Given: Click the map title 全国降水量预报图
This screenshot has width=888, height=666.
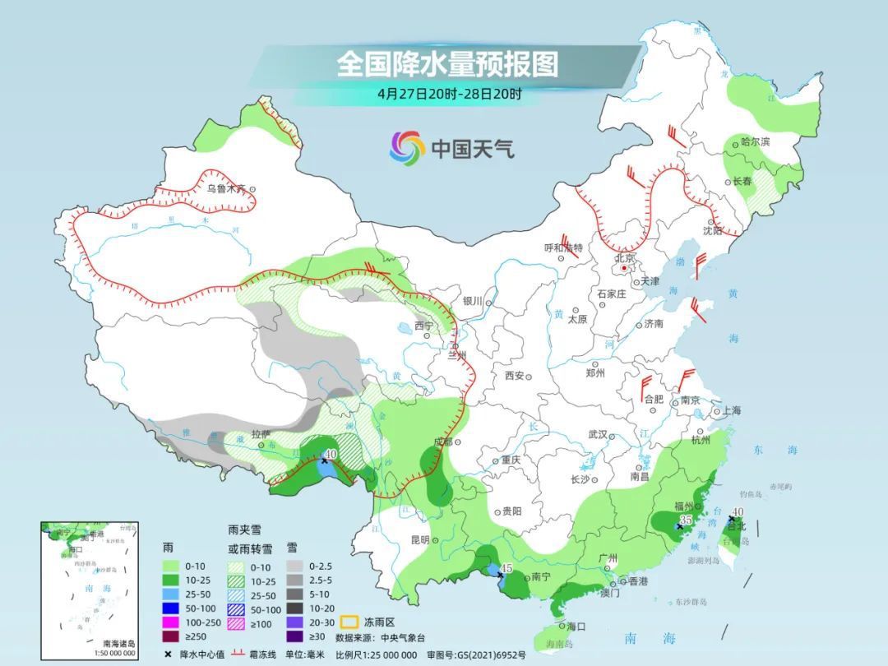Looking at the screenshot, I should click(x=447, y=63).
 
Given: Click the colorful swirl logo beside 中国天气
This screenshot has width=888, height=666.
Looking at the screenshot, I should click(x=406, y=148).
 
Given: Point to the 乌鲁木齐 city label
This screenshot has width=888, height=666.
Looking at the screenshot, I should click(x=226, y=188).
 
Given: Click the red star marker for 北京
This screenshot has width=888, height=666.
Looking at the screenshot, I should click(x=624, y=268).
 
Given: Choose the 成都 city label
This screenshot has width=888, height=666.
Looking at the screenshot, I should click(x=442, y=442).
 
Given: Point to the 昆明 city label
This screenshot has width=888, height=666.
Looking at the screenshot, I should click(x=419, y=540).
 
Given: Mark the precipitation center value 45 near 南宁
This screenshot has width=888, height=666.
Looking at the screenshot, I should click(x=506, y=568).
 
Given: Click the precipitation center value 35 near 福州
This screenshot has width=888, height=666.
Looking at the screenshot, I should click(x=686, y=519).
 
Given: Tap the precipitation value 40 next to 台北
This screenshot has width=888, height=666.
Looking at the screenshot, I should click(x=738, y=511).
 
